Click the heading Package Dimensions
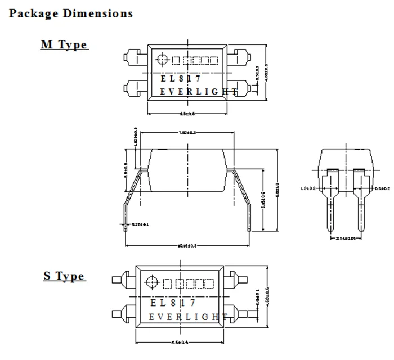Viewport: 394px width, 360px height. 71,13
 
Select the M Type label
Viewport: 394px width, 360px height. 64,45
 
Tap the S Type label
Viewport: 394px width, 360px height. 64,276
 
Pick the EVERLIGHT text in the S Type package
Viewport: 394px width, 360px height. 188,317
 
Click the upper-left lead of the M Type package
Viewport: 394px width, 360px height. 133,57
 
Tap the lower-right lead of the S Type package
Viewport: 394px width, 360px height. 239,313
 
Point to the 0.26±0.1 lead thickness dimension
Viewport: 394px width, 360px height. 140,224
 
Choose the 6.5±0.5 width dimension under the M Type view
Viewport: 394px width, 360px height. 187,113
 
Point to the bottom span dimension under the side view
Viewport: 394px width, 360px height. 187,245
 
